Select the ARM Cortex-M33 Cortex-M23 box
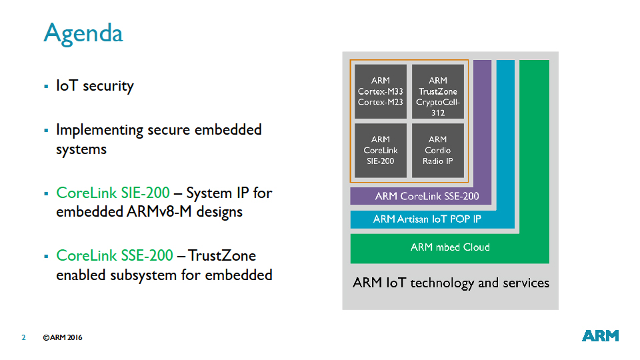click(x=380, y=91)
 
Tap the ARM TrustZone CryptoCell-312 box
click(x=437, y=91)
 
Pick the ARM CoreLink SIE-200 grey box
click(x=380, y=150)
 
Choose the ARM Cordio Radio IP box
click(x=437, y=150)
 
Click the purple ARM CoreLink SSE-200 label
click(x=427, y=196)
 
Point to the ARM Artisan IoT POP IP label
click(x=427, y=219)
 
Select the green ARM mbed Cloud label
click(x=450, y=247)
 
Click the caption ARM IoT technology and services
click(x=451, y=283)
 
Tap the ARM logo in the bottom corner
click(x=600, y=336)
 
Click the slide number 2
click(x=23, y=337)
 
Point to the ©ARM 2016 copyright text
click(x=63, y=337)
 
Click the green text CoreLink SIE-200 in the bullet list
click(x=113, y=193)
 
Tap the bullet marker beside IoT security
click(x=46, y=86)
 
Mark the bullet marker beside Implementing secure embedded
click(x=46, y=130)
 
